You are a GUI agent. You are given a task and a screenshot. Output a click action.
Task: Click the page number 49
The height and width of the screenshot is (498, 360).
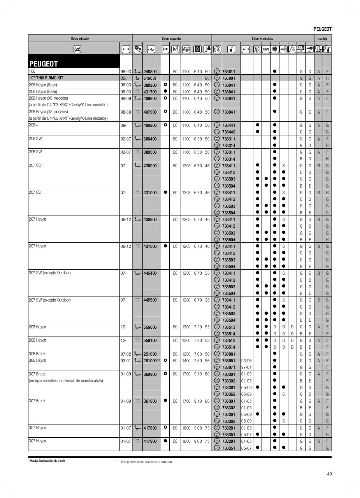tap(329, 473)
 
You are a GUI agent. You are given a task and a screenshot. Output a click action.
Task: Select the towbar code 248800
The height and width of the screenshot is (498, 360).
tap(150, 72)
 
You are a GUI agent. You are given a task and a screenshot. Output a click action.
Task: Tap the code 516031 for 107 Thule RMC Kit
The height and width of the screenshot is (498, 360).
tap(150, 78)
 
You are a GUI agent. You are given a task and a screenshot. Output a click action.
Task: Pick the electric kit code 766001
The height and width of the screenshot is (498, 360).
tap(228, 78)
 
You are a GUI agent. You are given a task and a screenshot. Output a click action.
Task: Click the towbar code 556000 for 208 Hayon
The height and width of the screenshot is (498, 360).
tap(150, 327)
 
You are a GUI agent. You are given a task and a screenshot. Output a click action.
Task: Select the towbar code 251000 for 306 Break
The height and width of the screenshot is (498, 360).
tap(150, 354)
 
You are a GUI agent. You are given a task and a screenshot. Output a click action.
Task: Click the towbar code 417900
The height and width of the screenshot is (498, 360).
tap(150, 441)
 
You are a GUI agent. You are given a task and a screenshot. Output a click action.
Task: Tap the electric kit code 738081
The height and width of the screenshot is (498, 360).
tap(228, 354)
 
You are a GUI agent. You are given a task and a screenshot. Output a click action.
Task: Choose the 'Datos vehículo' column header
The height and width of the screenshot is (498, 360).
tap(80, 39)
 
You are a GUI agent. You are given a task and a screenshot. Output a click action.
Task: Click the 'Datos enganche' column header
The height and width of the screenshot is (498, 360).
tap(172, 39)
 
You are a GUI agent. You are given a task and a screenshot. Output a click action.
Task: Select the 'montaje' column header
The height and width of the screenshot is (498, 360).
tap(322, 39)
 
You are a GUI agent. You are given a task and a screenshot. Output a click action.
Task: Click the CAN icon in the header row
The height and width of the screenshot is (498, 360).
tap(266, 49)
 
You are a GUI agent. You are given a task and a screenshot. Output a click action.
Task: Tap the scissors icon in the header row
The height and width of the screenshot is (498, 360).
tap(165, 49)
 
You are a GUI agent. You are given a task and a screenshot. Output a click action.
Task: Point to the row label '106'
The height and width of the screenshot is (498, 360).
tap(32, 72)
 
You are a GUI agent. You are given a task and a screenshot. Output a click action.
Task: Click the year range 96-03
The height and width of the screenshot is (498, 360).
tap(125, 72)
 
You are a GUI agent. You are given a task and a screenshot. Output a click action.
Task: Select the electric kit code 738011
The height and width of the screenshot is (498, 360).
tap(228, 72)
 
